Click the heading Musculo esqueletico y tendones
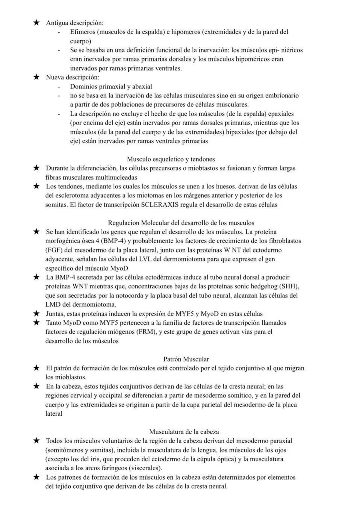[x=171, y=159]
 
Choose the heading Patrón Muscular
[x=186, y=359]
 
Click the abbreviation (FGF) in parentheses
[x=54, y=250]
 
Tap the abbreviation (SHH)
[x=289, y=286]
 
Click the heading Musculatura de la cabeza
[x=184, y=432]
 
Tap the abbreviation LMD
[x=53, y=304]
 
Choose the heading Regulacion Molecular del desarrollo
[x=181, y=223]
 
